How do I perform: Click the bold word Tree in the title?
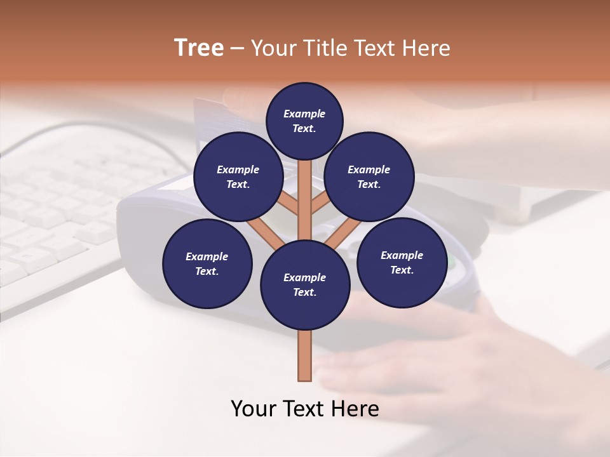[x=199, y=48]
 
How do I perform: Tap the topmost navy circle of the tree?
[x=304, y=121]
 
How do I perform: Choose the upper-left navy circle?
[x=238, y=176]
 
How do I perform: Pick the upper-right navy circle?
[x=369, y=176]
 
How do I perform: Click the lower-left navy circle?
[x=207, y=263]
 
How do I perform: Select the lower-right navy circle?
[x=402, y=262]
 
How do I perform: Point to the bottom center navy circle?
[x=305, y=284]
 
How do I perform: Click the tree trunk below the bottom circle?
[x=305, y=355]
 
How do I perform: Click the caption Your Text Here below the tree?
[x=305, y=408]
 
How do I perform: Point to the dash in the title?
[x=237, y=49]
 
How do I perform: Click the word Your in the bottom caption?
[x=254, y=408]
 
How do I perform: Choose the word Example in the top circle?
[x=304, y=114]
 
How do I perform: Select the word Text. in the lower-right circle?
[x=402, y=270]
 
